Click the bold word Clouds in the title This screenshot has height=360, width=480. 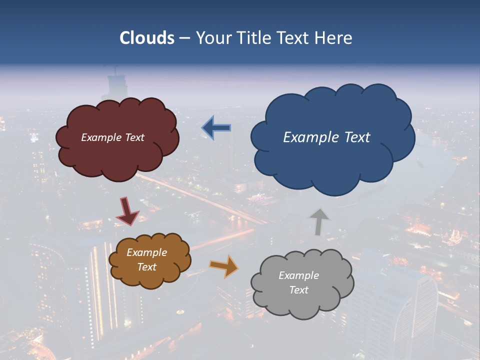147,38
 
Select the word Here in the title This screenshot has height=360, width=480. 335,38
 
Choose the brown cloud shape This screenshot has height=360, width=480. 150,277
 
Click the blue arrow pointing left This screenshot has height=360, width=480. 216,128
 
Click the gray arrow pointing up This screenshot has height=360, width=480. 318,221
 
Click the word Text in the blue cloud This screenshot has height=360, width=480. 357,137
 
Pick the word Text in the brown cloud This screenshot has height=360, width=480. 147,267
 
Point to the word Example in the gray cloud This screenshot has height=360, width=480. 298,275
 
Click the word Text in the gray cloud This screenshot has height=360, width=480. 299,290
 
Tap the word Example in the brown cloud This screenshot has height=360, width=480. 146,252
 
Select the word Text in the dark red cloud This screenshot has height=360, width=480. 134,137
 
